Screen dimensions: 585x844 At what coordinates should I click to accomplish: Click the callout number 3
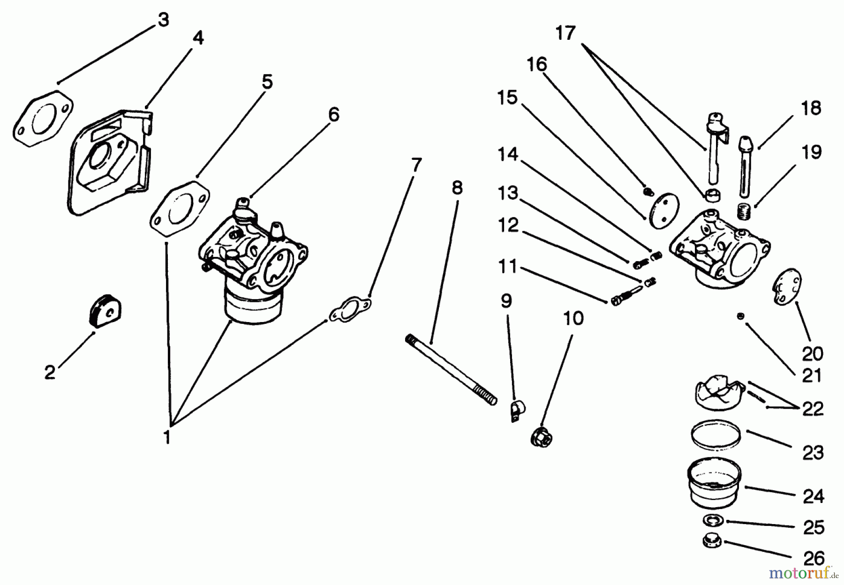[x=163, y=20]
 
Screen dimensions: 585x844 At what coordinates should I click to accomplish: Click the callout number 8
[x=457, y=187]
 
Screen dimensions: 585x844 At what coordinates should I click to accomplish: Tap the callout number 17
[x=565, y=33]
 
